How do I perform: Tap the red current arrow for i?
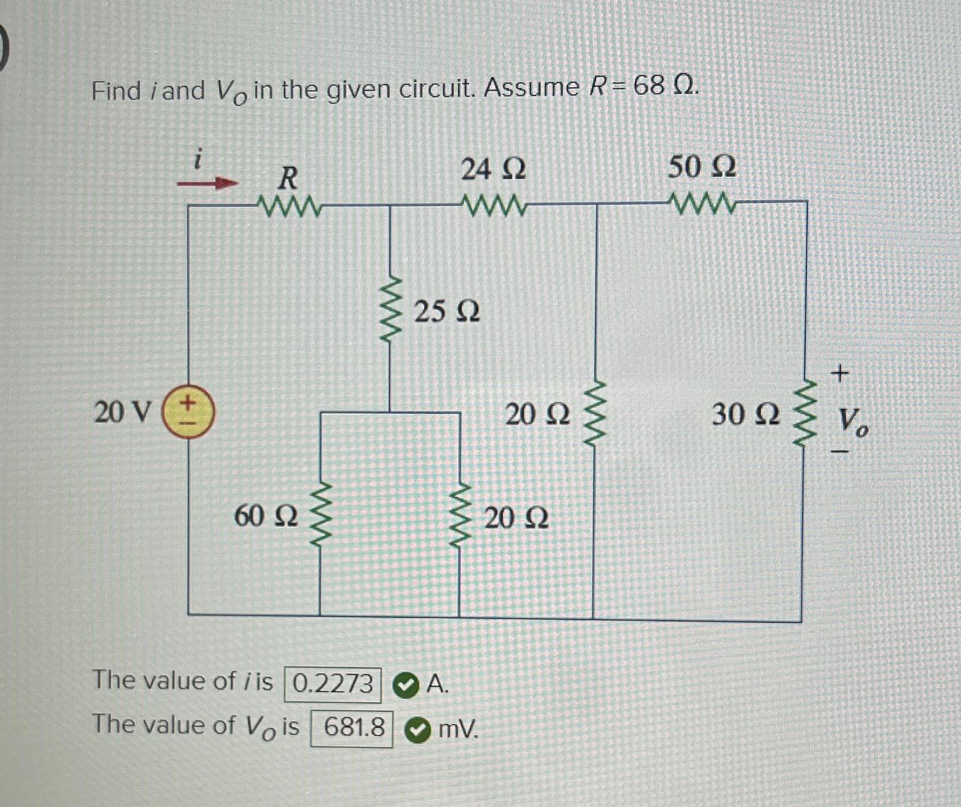point(207,184)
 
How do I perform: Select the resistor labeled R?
point(289,206)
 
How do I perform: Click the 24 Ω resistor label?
point(493,170)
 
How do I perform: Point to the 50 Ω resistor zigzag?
point(702,204)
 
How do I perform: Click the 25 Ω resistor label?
point(447,312)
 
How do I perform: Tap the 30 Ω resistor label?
point(746,415)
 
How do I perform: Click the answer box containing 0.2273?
point(333,684)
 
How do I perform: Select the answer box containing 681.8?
point(352,728)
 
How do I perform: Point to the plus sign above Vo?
point(840,373)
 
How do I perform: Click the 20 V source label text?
point(123,412)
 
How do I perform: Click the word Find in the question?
point(117,91)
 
